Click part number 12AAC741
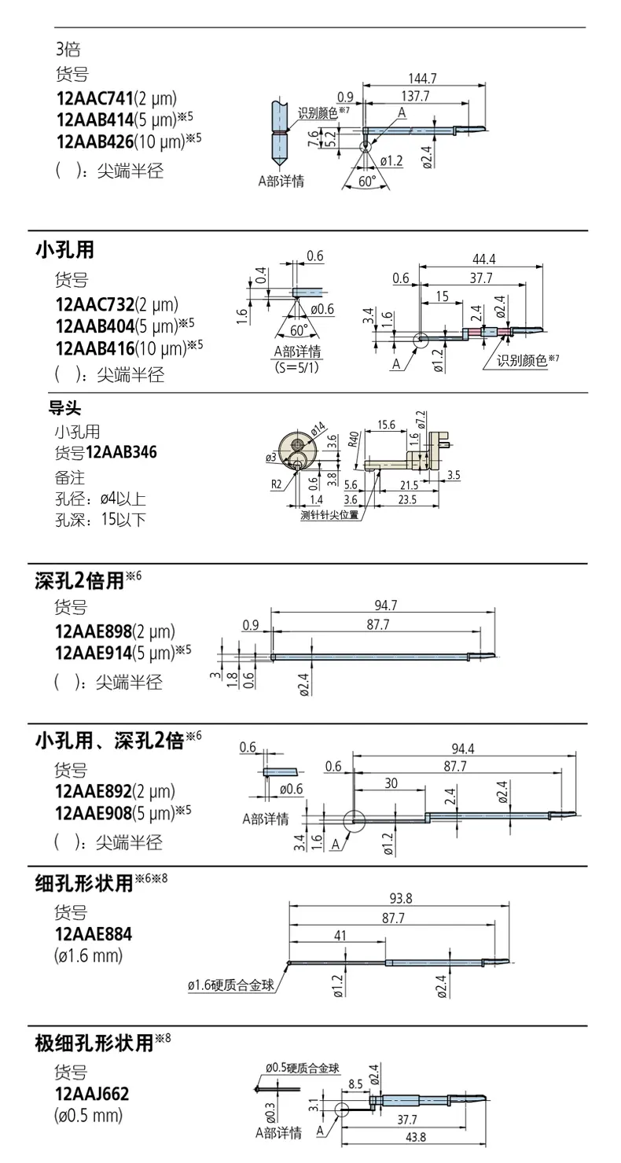(x=95, y=98)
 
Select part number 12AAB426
(x=95, y=142)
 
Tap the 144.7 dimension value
(x=422, y=79)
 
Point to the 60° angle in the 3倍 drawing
(x=366, y=181)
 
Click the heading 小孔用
(x=65, y=250)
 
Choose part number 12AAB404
(x=95, y=326)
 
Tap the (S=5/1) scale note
(x=297, y=367)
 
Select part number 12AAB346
(x=121, y=451)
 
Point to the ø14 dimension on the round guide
(x=318, y=429)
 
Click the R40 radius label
(x=354, y=440)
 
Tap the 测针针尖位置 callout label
(x=329, y=516)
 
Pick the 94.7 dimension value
(x=385, y=605)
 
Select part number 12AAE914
(x=94, y=653)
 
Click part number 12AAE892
(x=94, y=791)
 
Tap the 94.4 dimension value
(x=463, y=748)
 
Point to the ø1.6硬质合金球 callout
(x=231, y=985)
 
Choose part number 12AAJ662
(x=92, y=1094)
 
